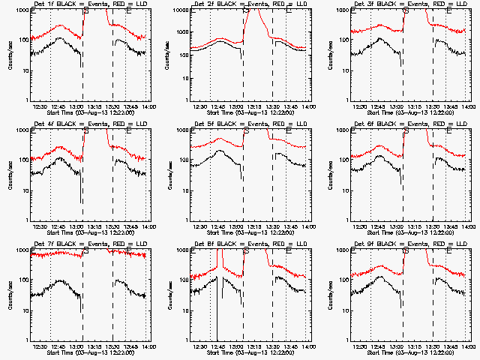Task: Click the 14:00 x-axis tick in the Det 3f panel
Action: pyautogui.click(x=468, y=106)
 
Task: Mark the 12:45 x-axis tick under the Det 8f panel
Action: pyautogui.click(x=217, y=346)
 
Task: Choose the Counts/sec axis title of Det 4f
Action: pyautogui.click(x=7, y=175)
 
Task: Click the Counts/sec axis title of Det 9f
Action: pyautogui.click(x=328, y=295)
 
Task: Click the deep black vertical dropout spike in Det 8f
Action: pyautogui.click(x=217, y=300)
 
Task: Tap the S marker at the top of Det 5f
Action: pyautogui.click(x=245, y=131)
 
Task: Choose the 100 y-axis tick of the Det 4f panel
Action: pyautogui.click(x=22, y=160)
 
